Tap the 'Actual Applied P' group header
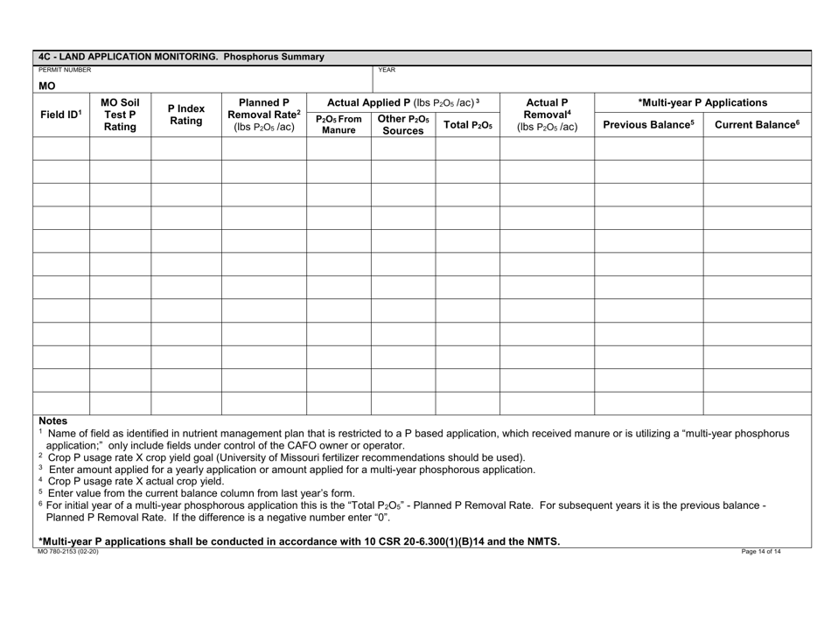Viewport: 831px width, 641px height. coord(402,101)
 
